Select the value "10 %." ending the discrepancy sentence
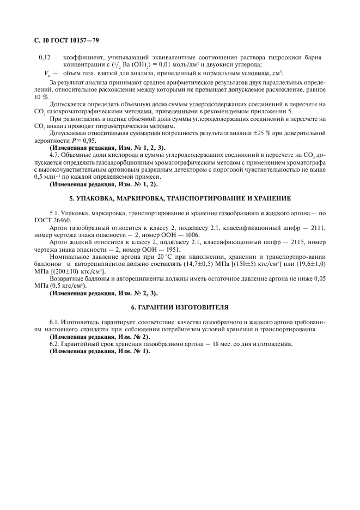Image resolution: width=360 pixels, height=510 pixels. click(42, 96)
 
